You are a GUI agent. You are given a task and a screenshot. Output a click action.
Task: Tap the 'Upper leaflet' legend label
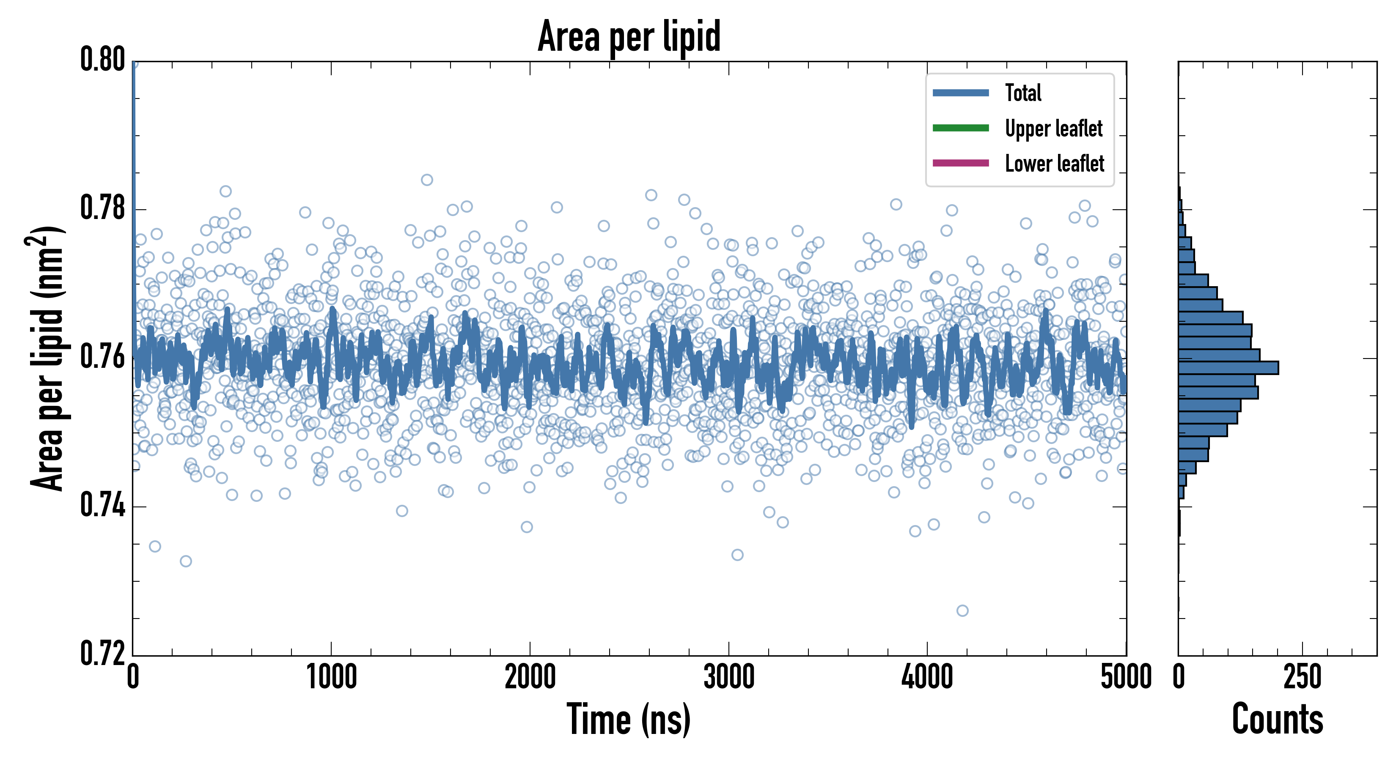1053,129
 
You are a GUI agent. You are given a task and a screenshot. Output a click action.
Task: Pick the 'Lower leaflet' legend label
1054,164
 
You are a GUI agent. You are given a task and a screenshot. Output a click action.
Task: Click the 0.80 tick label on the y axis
102,60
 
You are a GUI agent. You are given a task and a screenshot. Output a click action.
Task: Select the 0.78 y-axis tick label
102,208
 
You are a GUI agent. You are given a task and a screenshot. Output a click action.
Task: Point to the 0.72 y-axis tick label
102,654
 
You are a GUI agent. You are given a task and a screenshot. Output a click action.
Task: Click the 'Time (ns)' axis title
629,719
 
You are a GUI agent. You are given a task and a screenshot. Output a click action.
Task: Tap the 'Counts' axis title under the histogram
1277,719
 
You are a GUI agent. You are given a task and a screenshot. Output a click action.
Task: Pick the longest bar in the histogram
1228,368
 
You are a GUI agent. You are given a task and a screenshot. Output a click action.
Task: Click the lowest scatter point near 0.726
962,611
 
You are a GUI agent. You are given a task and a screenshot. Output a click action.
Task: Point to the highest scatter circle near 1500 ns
427,180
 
